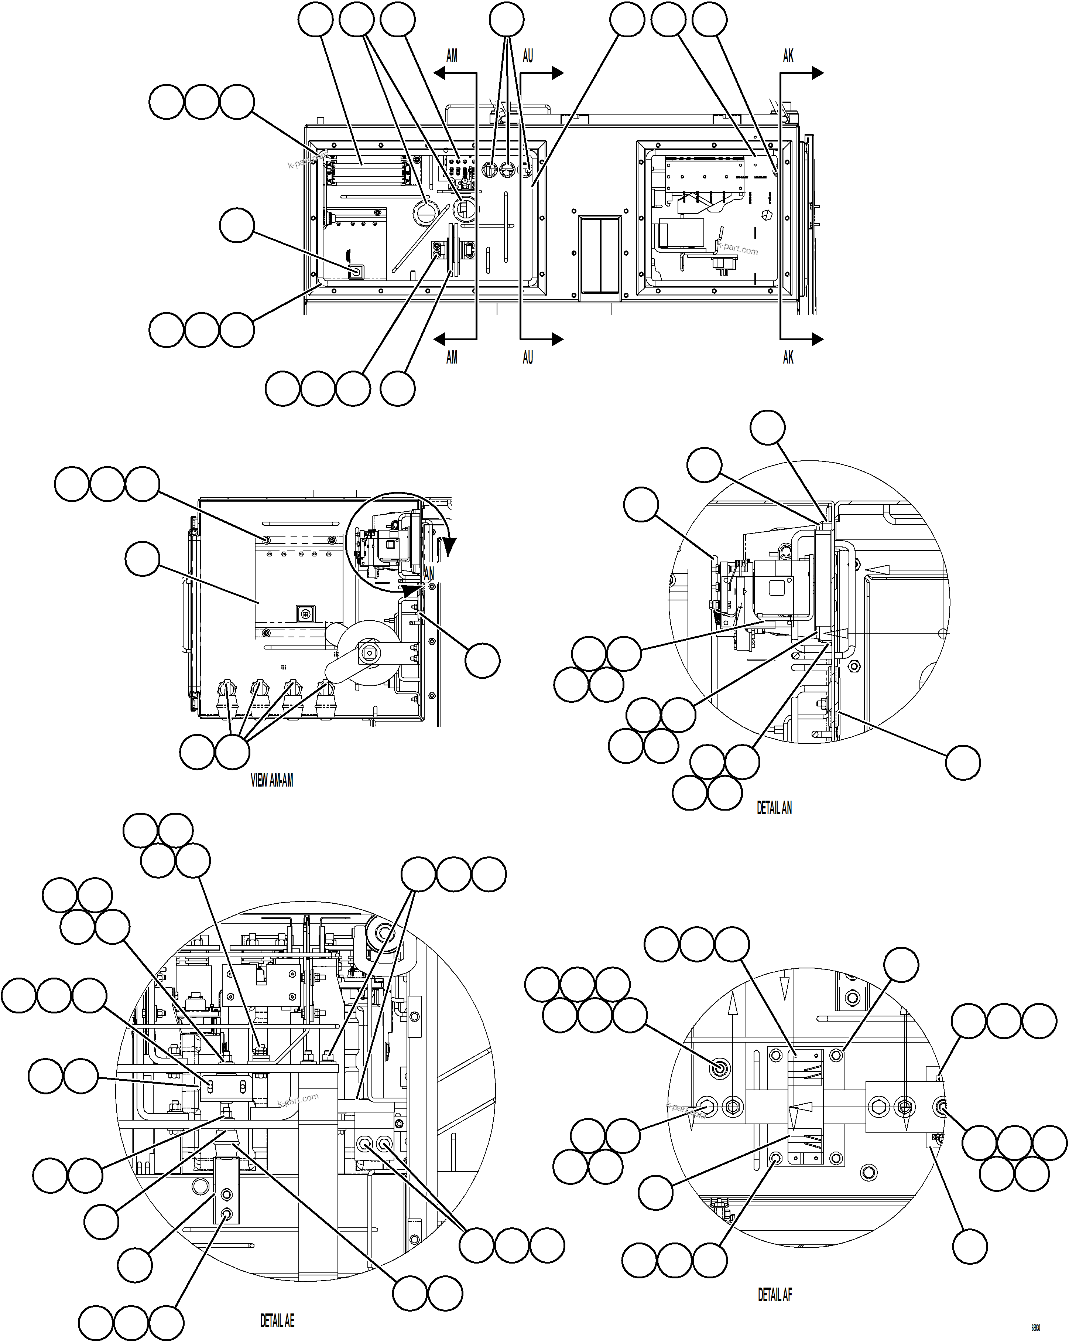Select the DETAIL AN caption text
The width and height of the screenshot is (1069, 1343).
coord(774,808)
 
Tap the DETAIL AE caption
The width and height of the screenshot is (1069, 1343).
coord(277,1320)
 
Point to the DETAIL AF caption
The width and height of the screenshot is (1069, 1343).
coord(774,1295)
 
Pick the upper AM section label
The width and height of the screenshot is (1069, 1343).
coord(452,56)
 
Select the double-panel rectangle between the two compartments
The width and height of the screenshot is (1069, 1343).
coord(600,255)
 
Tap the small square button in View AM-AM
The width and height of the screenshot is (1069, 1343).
coord(304,614)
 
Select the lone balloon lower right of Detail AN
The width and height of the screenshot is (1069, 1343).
coord(963,763)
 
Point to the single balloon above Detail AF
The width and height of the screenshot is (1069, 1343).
coord(901,965)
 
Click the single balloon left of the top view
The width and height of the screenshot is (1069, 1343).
coord(237,225)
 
